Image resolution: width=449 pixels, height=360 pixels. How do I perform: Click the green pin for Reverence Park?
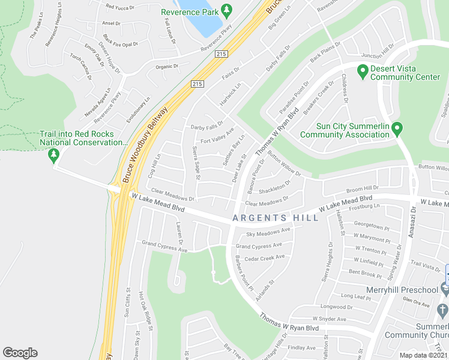226,11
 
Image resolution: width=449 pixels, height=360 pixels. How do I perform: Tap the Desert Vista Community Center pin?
363,73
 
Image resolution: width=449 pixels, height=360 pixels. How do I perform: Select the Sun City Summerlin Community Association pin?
397,128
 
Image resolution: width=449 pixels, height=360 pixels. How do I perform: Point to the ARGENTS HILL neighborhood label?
276,218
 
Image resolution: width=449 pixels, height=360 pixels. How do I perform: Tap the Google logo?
20,353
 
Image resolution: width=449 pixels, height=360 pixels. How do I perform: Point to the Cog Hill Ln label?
155,165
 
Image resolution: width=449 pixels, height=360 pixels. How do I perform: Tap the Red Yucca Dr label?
118,7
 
